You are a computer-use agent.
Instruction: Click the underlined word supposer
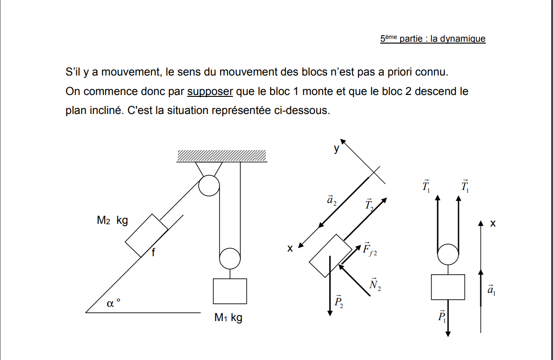pos(210,92)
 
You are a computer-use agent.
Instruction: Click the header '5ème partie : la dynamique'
pos(433,39)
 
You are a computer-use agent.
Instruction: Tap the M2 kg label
pos(112,221)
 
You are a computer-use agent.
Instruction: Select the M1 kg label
pos(228,318)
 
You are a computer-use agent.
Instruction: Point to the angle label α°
pos(113,303)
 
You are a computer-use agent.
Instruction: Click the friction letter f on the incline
pos(153,253)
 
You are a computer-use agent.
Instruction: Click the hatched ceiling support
pos(221,156)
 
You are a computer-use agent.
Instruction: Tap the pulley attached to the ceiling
pos(209,186)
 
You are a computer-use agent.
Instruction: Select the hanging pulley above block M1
pos(230,258)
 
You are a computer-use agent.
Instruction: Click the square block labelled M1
pos(230,291)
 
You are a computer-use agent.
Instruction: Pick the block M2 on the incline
pos(146,235)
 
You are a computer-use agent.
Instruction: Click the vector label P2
pos(339,302)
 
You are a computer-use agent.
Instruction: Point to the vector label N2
pos(375,285)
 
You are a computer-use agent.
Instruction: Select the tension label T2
pos(369,205)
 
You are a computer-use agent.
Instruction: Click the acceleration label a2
pos(332,200)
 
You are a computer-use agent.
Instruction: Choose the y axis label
pos(336,149)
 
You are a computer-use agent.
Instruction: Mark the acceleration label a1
pos(491,290)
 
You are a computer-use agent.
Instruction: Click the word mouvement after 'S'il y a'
pos(128,72)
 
